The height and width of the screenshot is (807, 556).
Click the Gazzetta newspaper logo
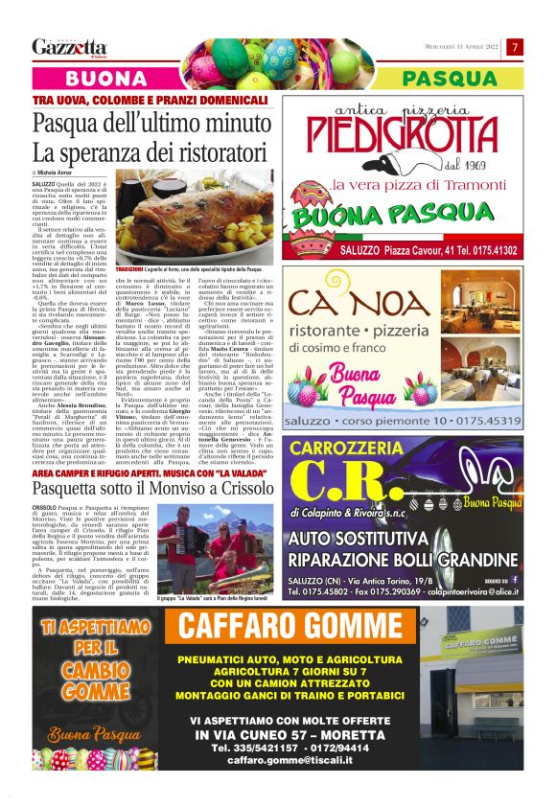[x=69, y=47]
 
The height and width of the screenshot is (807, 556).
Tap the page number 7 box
[x=515, y=47]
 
